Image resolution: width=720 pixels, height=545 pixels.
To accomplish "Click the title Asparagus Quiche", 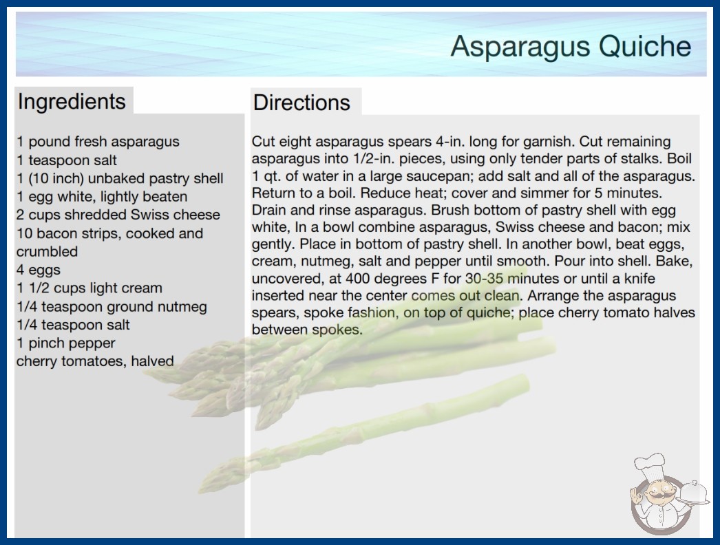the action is (571, 46).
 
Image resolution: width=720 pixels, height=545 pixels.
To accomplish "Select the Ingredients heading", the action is (72, 101).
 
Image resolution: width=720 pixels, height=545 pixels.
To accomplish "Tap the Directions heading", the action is (301, 103).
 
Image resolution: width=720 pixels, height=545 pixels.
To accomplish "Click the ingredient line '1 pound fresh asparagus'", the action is (98, 142).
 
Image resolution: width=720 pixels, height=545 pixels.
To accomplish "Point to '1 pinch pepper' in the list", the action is (65, 343).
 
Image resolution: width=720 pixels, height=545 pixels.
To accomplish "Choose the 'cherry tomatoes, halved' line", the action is (95, 361).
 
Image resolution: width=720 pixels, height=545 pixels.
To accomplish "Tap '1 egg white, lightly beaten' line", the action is (102, 197).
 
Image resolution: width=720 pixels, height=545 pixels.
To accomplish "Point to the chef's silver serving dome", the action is (695, 493).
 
